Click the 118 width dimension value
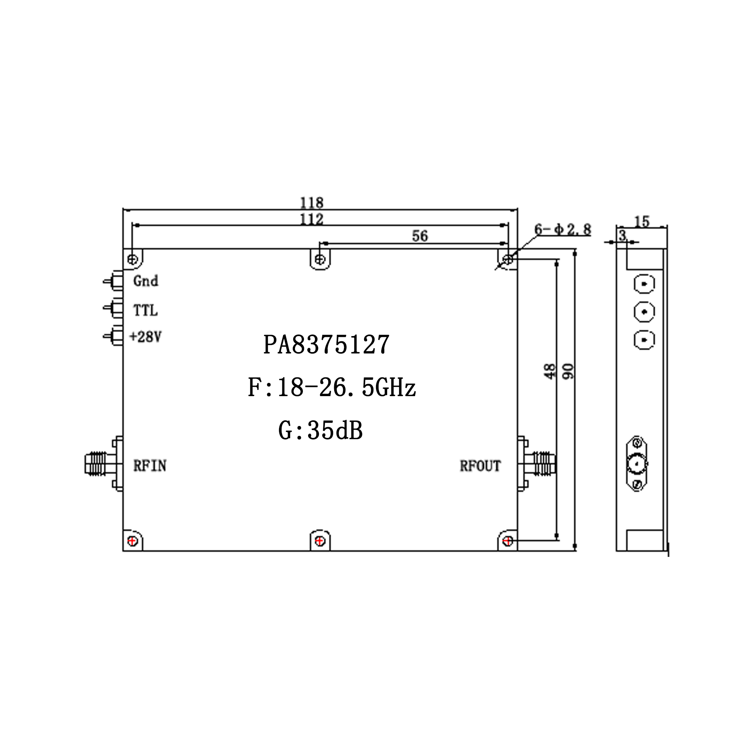tap(311, 202)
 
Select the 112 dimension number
tap(311, 219)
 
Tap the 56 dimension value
tap(420, 235)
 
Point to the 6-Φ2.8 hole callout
tap(562, 229)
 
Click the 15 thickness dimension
tap(642, 222)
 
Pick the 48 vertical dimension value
tap(549, 371)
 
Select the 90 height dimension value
tap(568, 371)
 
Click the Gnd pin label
tap(145, 281)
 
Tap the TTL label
tap(145, 310)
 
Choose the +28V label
tap(145, 337)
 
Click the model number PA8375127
tap(326, 344)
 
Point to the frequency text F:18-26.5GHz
tap(332, 388)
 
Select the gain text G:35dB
tap(320, 430)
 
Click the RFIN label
tap(150, 466)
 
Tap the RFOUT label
tap(480, 466)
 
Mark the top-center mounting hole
tap(320, 259)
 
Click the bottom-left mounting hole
tap(132, 541)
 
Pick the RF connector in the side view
tap(637, 463)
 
